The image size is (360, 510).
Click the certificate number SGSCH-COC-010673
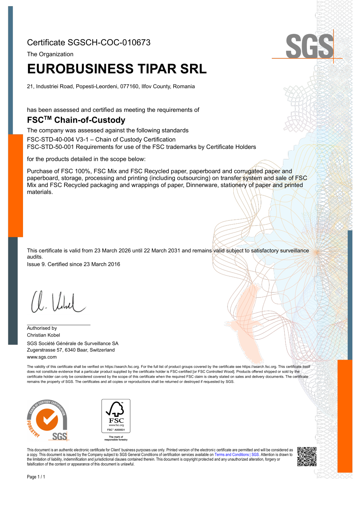109,42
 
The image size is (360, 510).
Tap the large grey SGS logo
309,46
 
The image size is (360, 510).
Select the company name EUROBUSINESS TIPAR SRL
117,69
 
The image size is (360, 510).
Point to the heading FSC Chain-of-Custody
76,120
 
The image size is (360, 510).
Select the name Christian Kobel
44,335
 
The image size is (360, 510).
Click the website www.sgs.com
42,357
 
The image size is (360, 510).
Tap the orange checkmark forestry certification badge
47,420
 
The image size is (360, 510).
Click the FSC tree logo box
116,416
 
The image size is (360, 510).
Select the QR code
307,456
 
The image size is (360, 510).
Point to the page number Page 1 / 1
36,477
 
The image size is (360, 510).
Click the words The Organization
50,54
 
